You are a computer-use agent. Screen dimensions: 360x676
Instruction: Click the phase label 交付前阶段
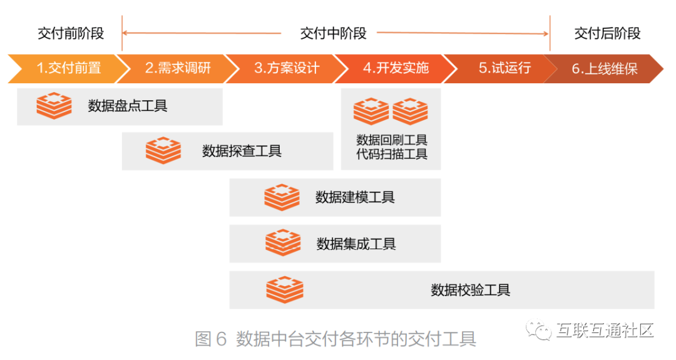[x=71, y=33]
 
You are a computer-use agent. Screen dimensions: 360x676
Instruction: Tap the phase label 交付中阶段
[x=333, y=33]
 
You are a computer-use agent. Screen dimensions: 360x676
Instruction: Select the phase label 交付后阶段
[x=607, y=33]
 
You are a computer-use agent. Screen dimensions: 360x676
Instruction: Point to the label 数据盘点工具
[x=128, y=106]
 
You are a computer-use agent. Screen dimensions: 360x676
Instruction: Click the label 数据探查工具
[x=242, y=151]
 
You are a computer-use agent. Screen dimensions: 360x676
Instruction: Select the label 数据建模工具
[x=355, y=198]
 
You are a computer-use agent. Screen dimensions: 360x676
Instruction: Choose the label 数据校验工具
[x=471, y=290]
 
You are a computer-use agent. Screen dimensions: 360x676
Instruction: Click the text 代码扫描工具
[x=392, y=154]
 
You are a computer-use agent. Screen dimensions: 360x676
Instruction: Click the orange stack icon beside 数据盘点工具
[x=54, y=105]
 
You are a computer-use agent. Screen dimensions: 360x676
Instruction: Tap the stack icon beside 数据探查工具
[x=163, y=150]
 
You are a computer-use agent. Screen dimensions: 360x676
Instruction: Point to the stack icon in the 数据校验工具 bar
[x=285, y=290]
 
